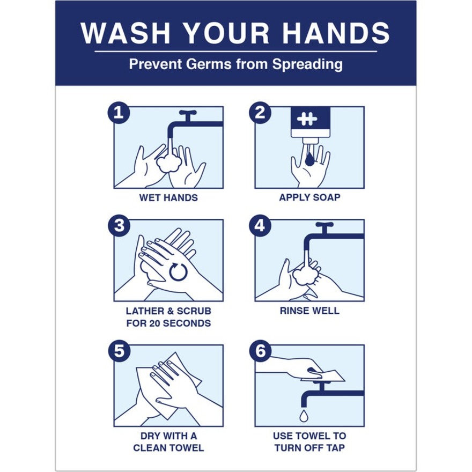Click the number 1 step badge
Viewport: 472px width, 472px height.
tap(119, 113)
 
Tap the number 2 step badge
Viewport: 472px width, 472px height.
tap(260, 113)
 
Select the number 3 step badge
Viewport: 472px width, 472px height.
tap(119, 226)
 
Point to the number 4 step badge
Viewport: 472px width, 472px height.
tap(260, 226)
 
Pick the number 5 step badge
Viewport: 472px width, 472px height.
tap(119, 351)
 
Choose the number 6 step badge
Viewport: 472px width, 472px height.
tap(260, 351)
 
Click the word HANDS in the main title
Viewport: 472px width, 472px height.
tap(336, 33)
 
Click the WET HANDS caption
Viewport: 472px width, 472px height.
tap(168, 198)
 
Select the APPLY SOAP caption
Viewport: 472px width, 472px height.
tap(309, 197)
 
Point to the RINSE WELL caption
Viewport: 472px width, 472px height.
tap(309, 311)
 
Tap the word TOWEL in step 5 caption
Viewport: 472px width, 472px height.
tap(187, 448)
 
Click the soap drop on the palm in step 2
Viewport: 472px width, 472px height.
tap(309, 159)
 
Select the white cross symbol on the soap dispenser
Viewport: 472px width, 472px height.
tap(307, 119)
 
